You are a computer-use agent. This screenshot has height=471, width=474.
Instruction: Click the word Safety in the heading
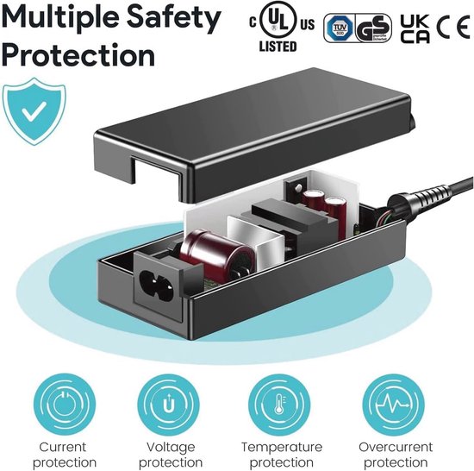pos(176,17)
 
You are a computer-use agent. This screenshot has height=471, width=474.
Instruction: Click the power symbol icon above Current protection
pos(62,403)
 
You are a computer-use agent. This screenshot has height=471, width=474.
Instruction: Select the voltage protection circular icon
pos(171,403)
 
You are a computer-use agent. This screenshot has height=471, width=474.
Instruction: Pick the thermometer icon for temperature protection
pos(281,403)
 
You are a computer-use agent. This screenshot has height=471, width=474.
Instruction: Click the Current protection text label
pos(62,455)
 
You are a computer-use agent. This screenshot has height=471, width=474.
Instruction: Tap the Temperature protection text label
pos(281,455)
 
